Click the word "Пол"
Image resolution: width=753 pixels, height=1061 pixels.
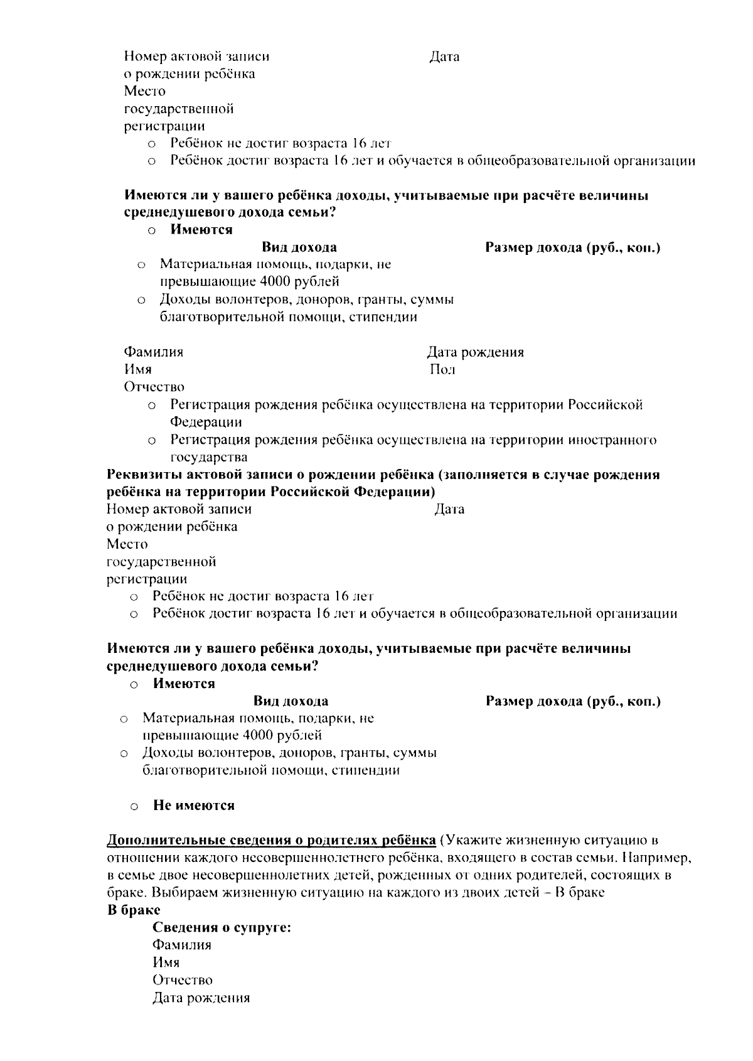pos(442,370)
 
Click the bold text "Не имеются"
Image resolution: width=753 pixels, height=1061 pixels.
pos(193,805)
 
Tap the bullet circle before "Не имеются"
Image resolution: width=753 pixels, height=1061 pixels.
pos(134,806)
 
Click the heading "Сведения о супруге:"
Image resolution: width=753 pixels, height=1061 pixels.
pos(222,927)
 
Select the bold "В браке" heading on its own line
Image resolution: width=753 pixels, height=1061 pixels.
pos(134,910)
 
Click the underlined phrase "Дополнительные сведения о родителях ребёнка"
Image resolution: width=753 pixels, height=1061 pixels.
pos(271,840)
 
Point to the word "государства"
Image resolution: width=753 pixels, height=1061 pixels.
pos(208,457)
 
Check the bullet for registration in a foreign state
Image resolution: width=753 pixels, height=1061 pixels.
pos(151,440)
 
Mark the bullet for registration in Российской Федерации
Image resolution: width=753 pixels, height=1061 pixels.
pos(151,406)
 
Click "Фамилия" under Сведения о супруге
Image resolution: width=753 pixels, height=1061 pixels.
pos(181,945)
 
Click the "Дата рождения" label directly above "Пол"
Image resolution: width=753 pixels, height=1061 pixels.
pos(475,352)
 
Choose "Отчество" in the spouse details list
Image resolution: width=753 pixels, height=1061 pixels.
pos(182,980)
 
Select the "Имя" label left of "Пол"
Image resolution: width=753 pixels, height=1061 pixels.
pos(137,370)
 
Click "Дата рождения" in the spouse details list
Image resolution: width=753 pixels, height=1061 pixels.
pos(201,998)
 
